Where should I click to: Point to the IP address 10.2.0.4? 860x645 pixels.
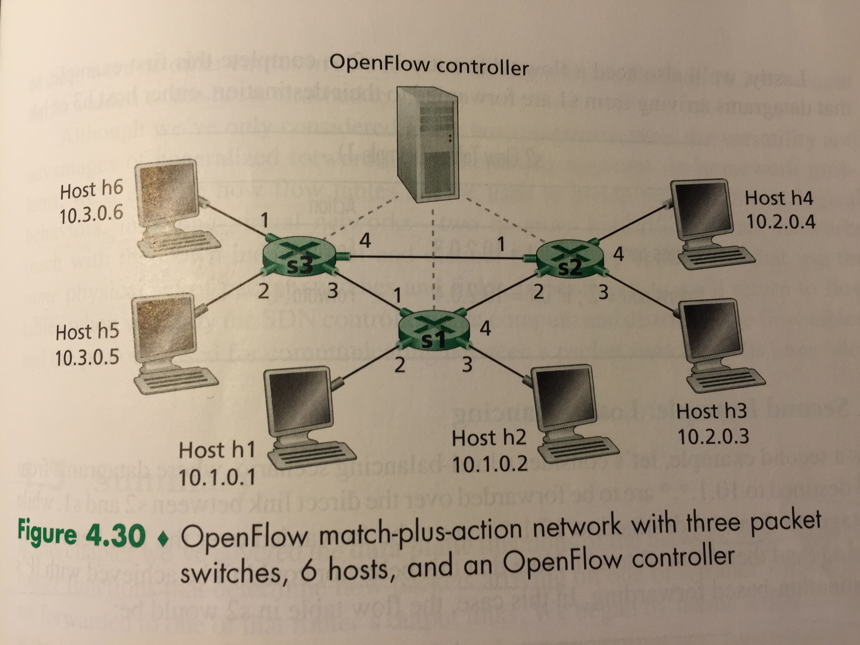point(780,222)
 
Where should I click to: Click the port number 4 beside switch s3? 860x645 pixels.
point(364,241)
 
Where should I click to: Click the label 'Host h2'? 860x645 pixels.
point(489,438)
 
